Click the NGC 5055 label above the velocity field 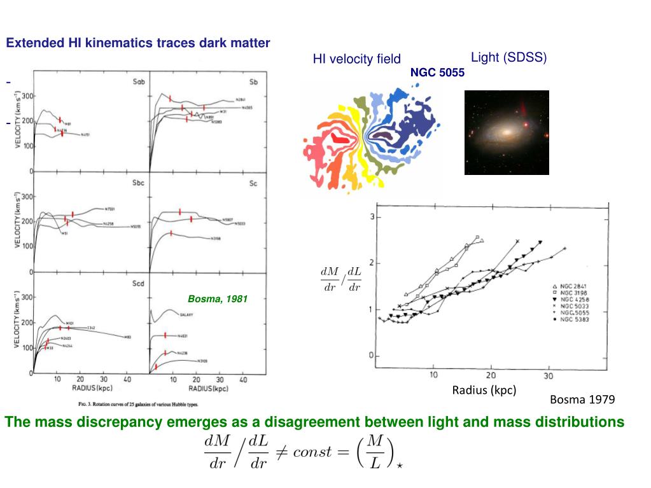437,73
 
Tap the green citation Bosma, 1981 217,298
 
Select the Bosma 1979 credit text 582,400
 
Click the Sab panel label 139,83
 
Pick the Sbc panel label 139,183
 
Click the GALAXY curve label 187,314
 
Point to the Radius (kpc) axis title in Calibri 484,389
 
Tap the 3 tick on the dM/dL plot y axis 372,218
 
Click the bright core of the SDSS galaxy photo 506,132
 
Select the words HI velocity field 356,59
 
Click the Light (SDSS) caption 508,57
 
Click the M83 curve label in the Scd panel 127,337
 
